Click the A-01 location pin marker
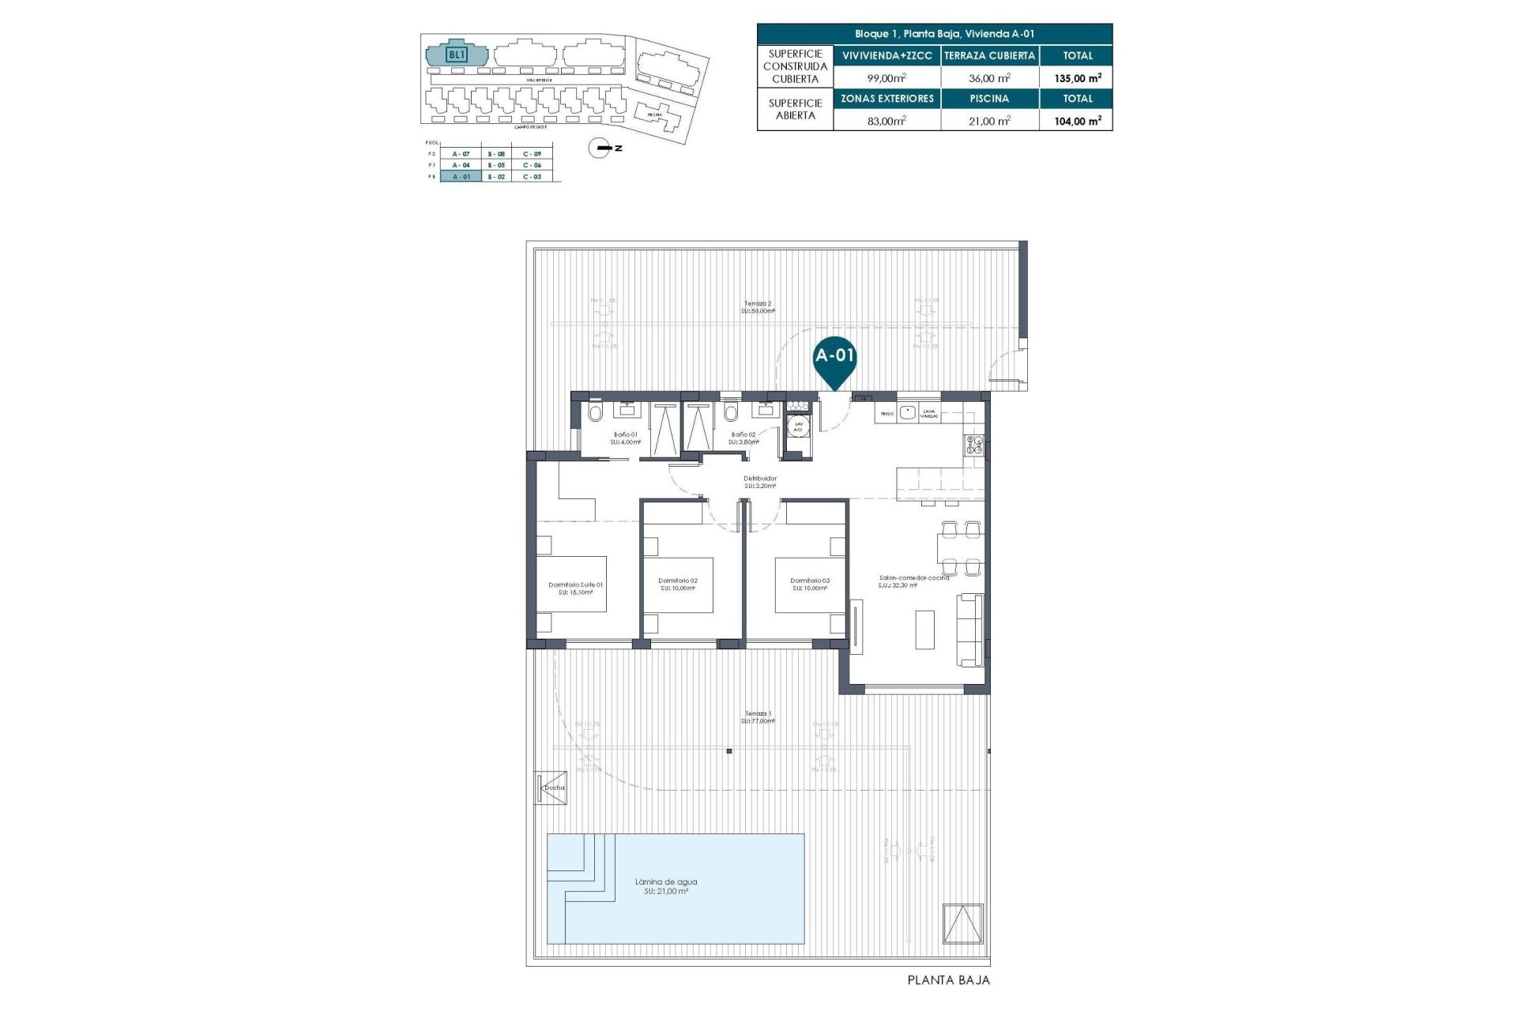point(835,357)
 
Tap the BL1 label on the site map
point(457,54)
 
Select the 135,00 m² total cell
point(1078,78)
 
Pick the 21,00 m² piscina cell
point(989,121)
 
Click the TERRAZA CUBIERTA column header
point(989,55)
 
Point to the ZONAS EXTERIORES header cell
point(886,99)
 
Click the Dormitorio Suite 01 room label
point(575,585)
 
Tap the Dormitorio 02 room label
point(678,581)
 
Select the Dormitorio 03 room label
point(810,581)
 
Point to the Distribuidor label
point(760,479)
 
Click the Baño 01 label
point(626,434)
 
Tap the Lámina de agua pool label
point(666,882)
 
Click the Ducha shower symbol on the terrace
point(551,787)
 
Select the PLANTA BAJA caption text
point(948,980)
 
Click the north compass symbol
point(601,148)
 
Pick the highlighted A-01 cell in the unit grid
point(461,177)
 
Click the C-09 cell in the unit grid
point(532,153)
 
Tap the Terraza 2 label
point(758,303)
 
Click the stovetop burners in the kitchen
point(973,445)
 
